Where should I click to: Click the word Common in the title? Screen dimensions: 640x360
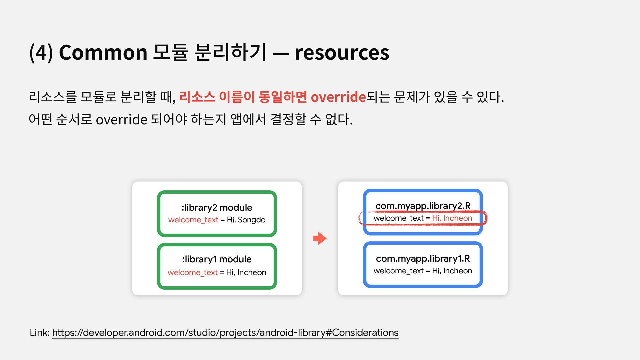point(103,52)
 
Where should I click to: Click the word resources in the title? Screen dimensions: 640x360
point(342,52)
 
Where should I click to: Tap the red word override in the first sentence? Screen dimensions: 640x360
point(338,97)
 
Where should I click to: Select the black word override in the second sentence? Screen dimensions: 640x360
point(121,119)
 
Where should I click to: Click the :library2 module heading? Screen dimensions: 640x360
point(217,207)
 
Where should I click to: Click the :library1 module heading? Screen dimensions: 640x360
point(217,259)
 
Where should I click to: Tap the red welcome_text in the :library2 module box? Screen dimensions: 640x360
point(193,220)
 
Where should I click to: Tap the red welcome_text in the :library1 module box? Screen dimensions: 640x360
point(193,272)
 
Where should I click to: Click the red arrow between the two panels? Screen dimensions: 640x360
point(320,238)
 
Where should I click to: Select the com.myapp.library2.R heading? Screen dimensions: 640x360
point(423,206)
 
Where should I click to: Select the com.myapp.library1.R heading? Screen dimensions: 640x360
point(423,258)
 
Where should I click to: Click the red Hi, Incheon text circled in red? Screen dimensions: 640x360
point(452,218)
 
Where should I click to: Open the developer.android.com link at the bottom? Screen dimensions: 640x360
point(225,333)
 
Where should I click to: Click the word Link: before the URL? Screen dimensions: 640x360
point(40,333)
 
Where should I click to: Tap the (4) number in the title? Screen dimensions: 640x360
point(41,52)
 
